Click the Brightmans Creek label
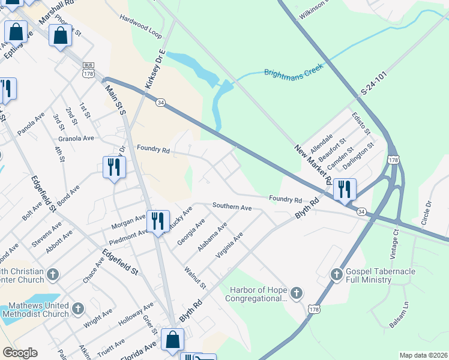tap(294, 69)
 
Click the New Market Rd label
tap(313, 164)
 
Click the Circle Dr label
tap(427, 212)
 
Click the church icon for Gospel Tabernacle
tap(337, 275)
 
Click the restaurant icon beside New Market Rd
tap(345, 190)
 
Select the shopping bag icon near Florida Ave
tap(173, 340)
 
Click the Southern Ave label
tap(232, 206)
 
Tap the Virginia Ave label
tap(229, 246)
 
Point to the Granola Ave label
tap(80, 138)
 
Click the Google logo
tap(20, 353)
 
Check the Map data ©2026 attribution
tap(423, 355)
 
